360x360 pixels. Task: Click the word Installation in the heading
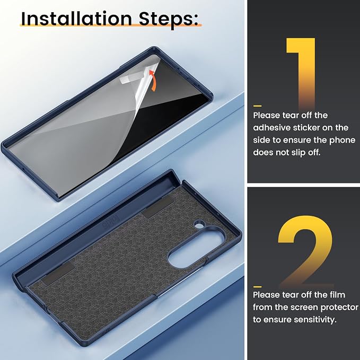[76, 19]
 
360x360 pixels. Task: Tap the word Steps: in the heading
[169, 19]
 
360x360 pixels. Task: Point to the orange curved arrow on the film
[153, 81]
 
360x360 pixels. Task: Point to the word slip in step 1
[298, 153]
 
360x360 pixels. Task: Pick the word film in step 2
[337, 295]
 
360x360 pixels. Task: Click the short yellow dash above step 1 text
[257, 106]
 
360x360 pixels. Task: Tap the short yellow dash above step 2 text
[257, 287]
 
